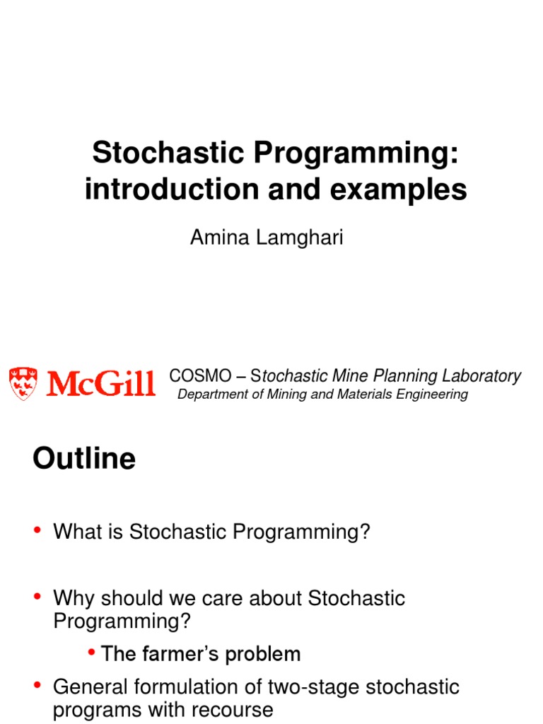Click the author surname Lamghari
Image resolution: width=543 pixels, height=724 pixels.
coord(300,238)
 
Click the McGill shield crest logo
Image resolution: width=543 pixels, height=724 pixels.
coord(23,383)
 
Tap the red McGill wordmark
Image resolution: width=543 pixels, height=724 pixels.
coord(100,383)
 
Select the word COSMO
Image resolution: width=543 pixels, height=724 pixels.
coord(200,376)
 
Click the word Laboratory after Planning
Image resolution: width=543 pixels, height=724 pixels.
coord(481,376)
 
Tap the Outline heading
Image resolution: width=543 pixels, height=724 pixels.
coord(84,458)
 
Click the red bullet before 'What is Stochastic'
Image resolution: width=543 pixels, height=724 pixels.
coord(37,530)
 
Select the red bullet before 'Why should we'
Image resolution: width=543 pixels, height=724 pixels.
coord(37,597)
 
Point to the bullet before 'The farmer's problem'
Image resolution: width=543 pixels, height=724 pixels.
coord(91,653)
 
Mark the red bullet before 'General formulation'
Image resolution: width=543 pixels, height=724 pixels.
coord(37,685)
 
